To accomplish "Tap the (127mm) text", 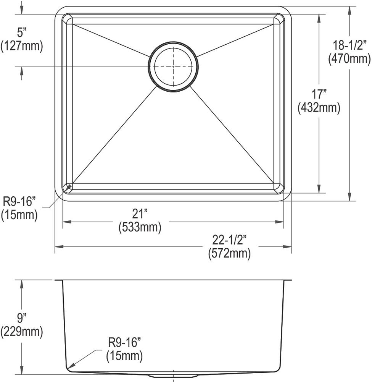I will (x=22, y=45).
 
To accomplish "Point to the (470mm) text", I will (x=349, y=58).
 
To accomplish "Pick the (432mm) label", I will (x=319, y=108).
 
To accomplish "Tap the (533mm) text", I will (x=140, y=227).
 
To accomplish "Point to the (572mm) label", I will (x=229, y=253).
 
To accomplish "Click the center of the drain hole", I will (x=173, y=66).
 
